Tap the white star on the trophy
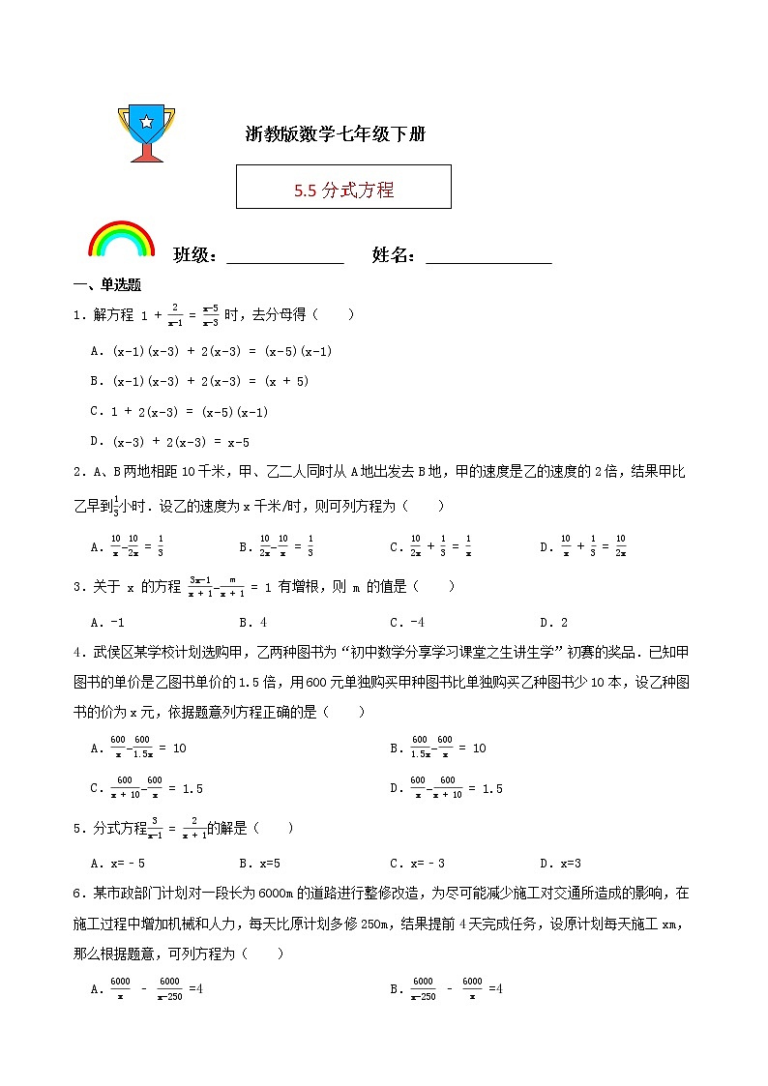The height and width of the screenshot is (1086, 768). point(146,122)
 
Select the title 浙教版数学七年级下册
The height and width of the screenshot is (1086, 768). point(336,134)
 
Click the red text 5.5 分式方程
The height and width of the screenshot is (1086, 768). point(343,190)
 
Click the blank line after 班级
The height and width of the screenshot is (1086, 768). point(284,257)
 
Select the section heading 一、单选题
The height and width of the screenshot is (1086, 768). point(107,284)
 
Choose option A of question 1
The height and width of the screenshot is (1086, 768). point(211,351)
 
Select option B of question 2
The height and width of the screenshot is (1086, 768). point(275,546)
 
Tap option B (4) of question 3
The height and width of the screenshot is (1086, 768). point(252,622)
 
